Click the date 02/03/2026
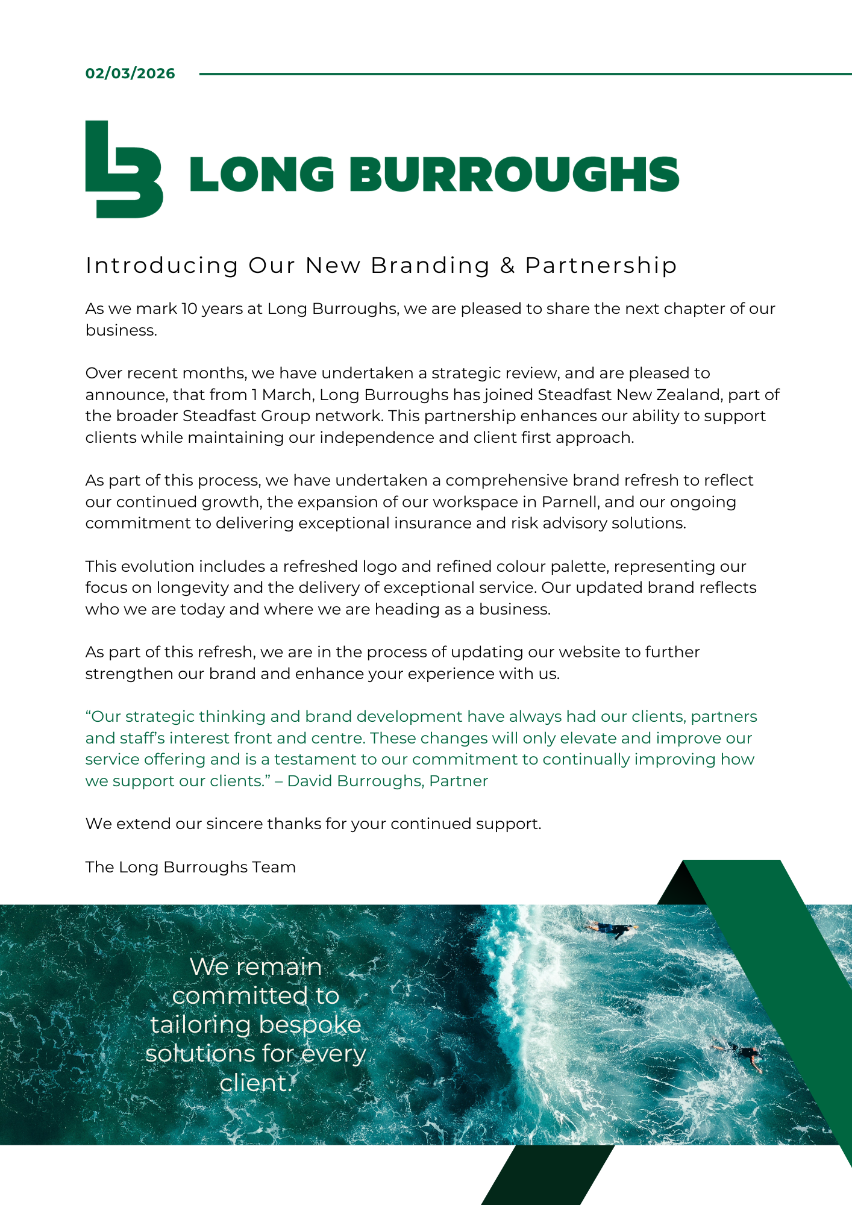click(x=130, y=74)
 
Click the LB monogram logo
click(x=124, y=169)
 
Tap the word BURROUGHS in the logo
click(x=514, y=174)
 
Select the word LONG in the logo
click(x=262, y=174)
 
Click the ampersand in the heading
click(x=507, y=266)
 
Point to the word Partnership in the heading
click(x=601, y=266)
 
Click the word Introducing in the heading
click(x=162, y=266)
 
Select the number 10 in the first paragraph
click(x=189, y=308)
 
